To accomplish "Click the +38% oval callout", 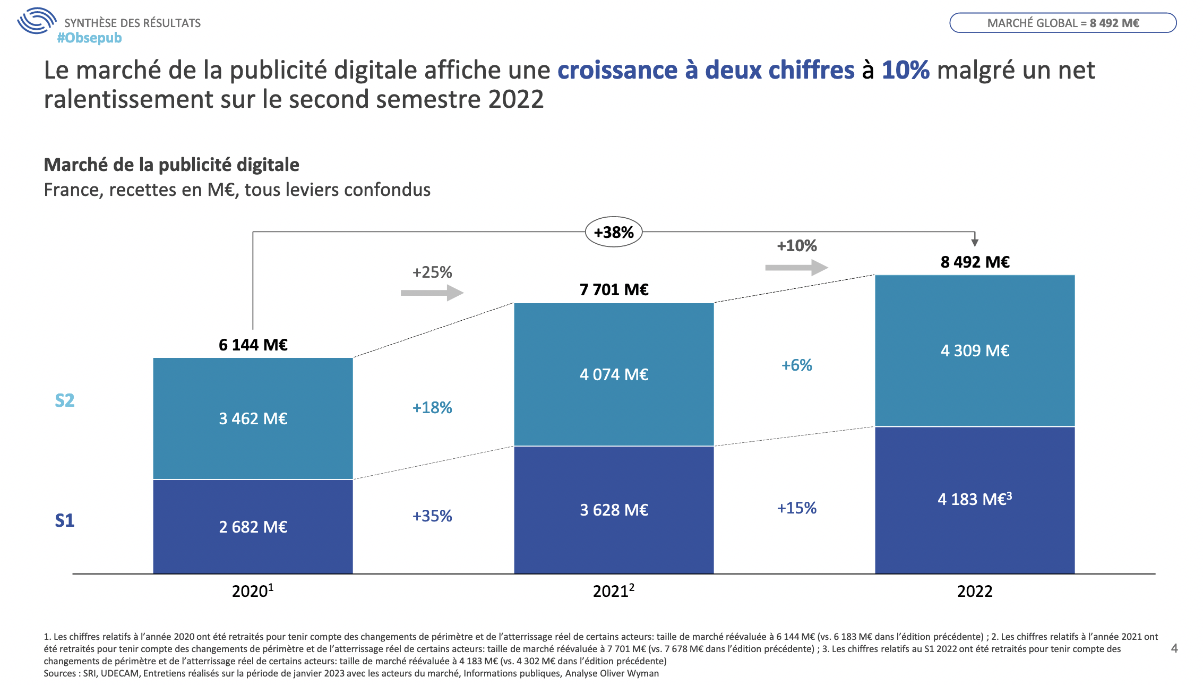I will tap(614, 232).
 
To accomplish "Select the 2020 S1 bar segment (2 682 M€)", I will tap(253, 526).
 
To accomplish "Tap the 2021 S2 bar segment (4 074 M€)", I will tap(614, 374).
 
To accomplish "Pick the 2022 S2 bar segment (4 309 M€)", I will tap(975, 350).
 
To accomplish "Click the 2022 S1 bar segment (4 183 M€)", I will tap(975, 500).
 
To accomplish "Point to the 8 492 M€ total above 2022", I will tap(975, 262).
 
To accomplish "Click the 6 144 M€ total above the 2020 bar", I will tap(253, 345).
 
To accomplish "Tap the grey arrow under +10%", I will tap(796, 267).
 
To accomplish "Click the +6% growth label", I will tap(796, 365).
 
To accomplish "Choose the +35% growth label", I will tap(432, 516).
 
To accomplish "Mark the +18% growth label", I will tap(432, 407).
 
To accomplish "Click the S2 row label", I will tap(65, 400).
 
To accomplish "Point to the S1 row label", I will tap(65, 520).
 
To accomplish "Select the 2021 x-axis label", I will tap(613, 591).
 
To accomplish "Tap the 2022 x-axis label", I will tap(975, 591).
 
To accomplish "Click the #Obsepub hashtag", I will tap(89, 38).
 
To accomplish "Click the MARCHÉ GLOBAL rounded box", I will tap(1063, 23).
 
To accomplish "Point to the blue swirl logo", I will tap(36, 21).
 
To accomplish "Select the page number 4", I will tap(1174, 648).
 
